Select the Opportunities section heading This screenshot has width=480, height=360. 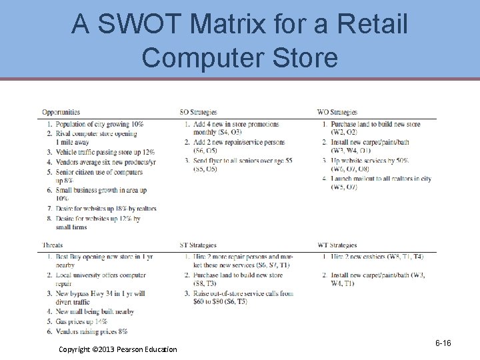[x=61, y=112]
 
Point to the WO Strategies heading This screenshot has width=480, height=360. [x=338, y=112]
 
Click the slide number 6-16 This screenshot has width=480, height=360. [x=443, y=343]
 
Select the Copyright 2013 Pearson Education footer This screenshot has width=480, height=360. [x=118, y=349]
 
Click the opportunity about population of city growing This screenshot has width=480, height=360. [x=99, y=124]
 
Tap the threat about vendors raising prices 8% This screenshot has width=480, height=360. [x=91, y=331]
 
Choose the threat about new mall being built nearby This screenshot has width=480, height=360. [x=95, y=311]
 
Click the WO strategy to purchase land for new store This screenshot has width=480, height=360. [x=375, y=124]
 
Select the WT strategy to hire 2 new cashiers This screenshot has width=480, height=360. [x=377, y=257]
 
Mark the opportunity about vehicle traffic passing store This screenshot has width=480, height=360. [x=105, y=152]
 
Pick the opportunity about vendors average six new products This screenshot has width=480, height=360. [x=105, y=162]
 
